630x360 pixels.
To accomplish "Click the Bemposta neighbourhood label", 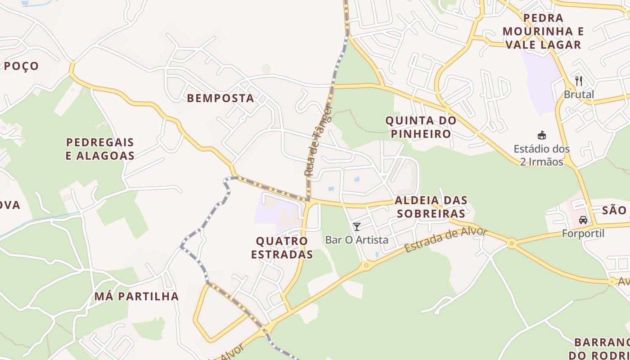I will coord(220,98).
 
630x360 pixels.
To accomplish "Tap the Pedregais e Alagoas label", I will coord(100,149).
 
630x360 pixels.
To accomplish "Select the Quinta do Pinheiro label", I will coord(421,127).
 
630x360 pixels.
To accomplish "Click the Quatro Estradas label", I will coord(282,247).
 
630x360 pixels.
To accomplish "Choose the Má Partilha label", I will coord(136,296).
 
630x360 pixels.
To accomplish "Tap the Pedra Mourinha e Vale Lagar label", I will coord(543,31).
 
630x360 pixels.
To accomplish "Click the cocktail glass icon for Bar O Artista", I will coord(357,226).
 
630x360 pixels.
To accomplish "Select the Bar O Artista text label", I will coord(357,240).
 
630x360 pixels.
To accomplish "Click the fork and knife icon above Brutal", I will coord(579,81).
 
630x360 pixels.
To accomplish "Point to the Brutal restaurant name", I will coord(579,94).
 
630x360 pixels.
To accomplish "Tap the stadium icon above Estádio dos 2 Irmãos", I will coord(542,135).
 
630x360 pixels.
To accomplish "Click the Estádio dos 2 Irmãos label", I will coord(542,155).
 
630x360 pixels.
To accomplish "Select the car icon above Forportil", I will coord(583,220).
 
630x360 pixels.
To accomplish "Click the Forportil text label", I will coord(583,234).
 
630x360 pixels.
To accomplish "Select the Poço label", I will coord(22,66).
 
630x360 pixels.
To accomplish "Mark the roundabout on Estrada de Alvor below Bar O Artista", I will coord(366,265).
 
